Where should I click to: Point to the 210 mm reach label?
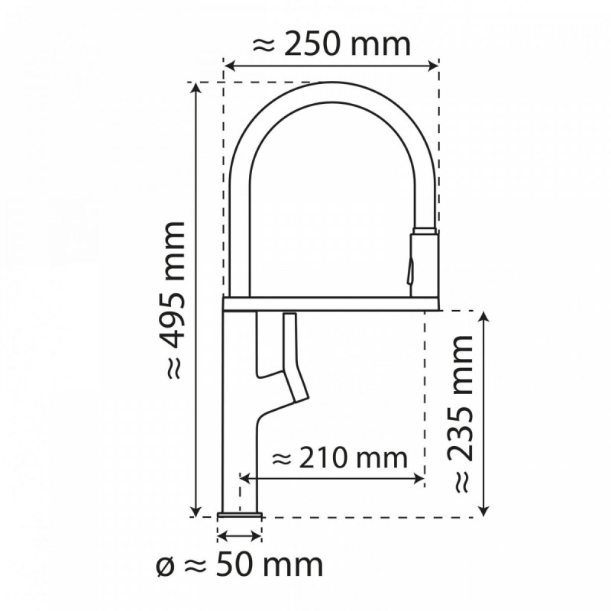click(x=339, y=458)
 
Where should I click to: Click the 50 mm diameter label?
click(x=238, y=565)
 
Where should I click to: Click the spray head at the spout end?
click(x=425, y=260)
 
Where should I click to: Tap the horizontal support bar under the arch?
click(x=331, y=303)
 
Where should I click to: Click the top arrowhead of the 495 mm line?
click(x=198, y=86)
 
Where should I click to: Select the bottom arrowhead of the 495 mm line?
click(x=198, y=511)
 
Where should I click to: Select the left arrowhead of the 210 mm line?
click(x=245, y=479)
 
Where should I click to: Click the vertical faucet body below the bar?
click(x=240, y=428)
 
